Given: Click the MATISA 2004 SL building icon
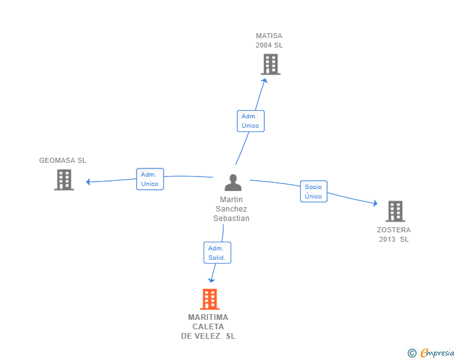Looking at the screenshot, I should click(270, 64).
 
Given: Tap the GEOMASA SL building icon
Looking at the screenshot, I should click(64, 180).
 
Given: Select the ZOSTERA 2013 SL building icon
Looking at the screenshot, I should click(395, 212).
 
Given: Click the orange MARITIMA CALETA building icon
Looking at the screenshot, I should click(210, 299).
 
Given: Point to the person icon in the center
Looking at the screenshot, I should click(233, 183).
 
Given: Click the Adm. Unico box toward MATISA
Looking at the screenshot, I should click(251, 121).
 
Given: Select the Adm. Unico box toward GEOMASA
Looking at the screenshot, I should click(150, 179).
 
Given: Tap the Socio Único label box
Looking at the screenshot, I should click(313, 192).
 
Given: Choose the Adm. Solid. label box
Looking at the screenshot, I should click(217, 253).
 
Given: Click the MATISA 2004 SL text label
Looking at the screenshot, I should click(269, 41).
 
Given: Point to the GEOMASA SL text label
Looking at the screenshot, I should click(63, 160).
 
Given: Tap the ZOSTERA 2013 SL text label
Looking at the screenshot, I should click(394, 234).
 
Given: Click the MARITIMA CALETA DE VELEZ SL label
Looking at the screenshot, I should click(209, 326).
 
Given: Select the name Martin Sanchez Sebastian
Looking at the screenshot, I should click(231, 209).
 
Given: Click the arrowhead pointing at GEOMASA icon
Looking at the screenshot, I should click(89, 182).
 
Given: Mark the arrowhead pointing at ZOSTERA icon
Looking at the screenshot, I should click(375, 203).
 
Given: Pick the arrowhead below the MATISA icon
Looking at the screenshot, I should click(265, 80).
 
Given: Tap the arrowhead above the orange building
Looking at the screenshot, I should click(212, 280).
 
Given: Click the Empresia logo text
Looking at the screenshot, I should click(437, 352).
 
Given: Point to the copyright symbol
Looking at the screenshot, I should click(412, 353).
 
